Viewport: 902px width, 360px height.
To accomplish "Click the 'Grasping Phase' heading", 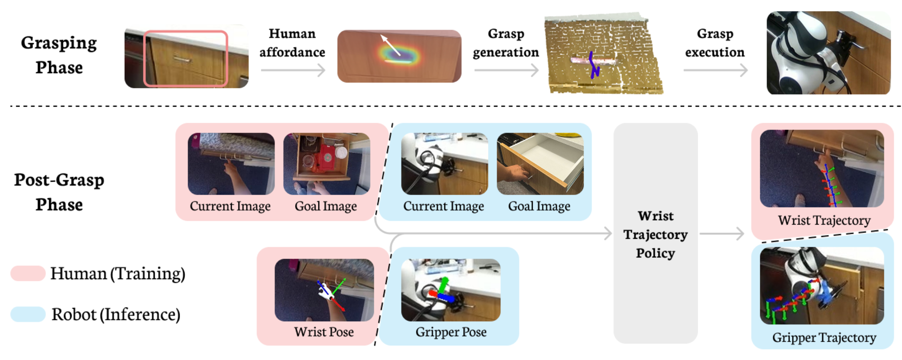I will [x=59, y=55].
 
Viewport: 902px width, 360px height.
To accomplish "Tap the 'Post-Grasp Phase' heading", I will [x=59, y=192].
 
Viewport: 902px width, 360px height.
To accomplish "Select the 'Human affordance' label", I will [x=292, y=42].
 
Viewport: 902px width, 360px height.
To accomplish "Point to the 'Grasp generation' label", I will [x=506, y=42].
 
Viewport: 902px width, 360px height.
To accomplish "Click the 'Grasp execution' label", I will [x=715, y=42].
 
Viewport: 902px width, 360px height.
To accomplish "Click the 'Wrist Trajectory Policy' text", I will [x=655, y=234].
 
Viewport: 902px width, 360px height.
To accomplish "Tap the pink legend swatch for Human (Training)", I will [x=28, y=273].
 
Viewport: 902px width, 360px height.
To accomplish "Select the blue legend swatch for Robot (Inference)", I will [x=28, y=314].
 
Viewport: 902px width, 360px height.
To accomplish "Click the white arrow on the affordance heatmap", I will [x=390, y=45].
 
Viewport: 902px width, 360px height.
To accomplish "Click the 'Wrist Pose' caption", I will [x=324, y=332].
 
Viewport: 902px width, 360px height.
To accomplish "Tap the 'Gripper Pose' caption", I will [x=451, y=332].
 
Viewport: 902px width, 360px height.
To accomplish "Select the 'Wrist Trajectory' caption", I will [x=824, y=220].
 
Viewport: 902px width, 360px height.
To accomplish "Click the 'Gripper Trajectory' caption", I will [x=824, y=337].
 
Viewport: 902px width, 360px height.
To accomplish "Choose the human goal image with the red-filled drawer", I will [x=326, y=164].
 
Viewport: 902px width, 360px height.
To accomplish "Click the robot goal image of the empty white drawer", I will [x=540, y=164].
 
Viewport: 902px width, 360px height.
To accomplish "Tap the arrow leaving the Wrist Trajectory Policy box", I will [x=722, y=234].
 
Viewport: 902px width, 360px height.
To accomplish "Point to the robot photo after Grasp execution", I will [x=828, y=53].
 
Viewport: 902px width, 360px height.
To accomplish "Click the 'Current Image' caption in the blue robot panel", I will [x=443, y=206].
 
